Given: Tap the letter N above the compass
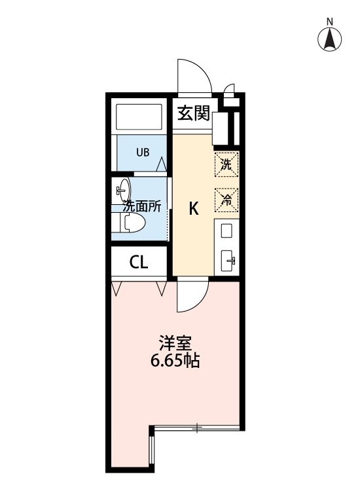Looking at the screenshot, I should (331, 20).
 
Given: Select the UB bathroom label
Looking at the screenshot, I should (143, 153).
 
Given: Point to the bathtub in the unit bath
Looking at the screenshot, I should (139, 118).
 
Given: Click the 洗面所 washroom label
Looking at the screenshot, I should (142, 206).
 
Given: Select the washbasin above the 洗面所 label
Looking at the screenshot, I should (122, 190).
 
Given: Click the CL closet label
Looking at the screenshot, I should (139, 263).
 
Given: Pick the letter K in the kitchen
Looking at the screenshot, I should (194, 209).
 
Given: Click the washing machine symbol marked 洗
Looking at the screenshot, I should (226, 164).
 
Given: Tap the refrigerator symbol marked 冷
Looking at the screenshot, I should (226, 200).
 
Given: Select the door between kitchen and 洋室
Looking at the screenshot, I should (192, 295).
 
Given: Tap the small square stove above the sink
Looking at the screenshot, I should (226, 230).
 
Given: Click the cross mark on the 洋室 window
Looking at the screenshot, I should (196, 428).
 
